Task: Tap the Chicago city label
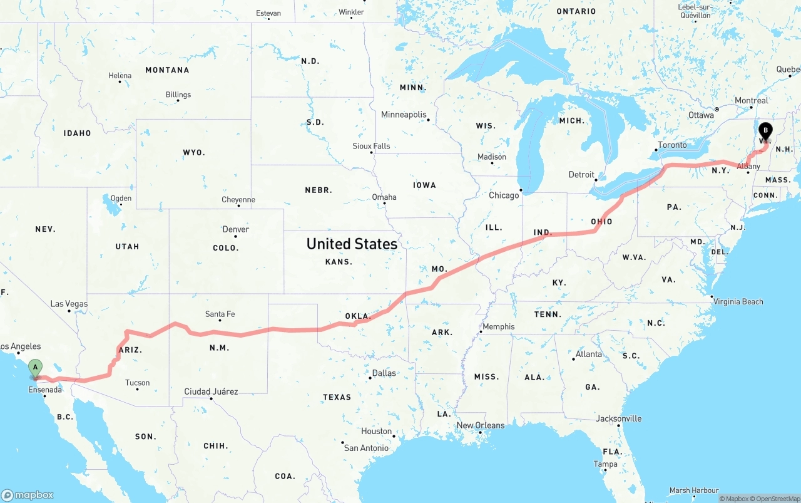point(504,195)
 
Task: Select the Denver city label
point(236,229)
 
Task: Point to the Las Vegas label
point(69,304)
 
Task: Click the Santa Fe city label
point(220,314)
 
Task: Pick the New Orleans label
point(480,425)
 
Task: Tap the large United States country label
point(352,244)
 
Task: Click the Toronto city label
point(672,145)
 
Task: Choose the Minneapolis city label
point(404,115)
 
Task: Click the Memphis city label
point(498,326)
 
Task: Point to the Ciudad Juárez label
point(211,392)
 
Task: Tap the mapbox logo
point(28,495)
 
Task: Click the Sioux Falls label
point(371,146)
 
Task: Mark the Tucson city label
point(137,383)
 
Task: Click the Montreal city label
point(751,100)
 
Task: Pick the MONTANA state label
point(167,70)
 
